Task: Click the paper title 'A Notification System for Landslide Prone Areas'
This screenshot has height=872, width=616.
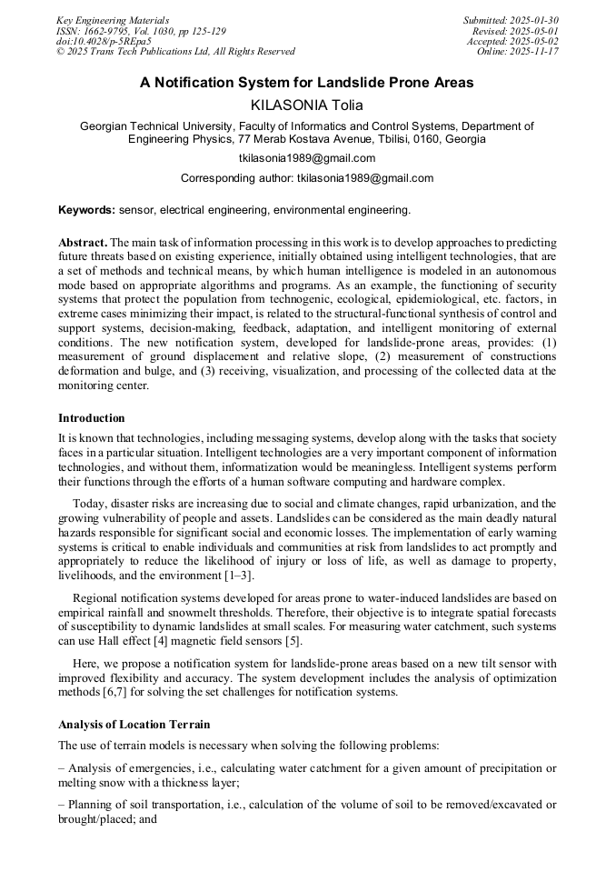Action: [306, 83]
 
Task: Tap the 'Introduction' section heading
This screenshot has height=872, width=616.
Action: [92, 418]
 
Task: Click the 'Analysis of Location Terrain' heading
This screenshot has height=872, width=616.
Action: [134, 725]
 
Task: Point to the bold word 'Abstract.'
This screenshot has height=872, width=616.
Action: [83, 243]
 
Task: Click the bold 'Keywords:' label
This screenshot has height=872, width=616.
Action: [87, 210]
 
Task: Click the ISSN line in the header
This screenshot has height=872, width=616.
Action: [141, 31]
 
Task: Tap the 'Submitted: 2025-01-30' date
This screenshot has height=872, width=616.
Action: [511, 20]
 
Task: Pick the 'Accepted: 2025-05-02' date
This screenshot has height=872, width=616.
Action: [512, 42]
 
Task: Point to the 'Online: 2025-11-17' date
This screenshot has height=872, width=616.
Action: [517, 52]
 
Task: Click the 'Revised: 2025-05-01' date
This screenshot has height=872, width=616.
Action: [515, 31]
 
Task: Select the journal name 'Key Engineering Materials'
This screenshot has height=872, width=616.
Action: [113, 20]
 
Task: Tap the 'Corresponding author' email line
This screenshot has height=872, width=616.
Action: [307, 178]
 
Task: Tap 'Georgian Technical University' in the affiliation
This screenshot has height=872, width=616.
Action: [159, 126]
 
